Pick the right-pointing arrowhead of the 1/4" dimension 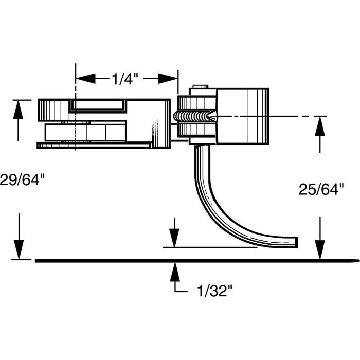[167, 79]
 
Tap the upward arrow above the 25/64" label [320, 126]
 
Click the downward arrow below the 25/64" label [320, 249]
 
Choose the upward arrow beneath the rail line [175, 271]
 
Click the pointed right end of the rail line [354, 260]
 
